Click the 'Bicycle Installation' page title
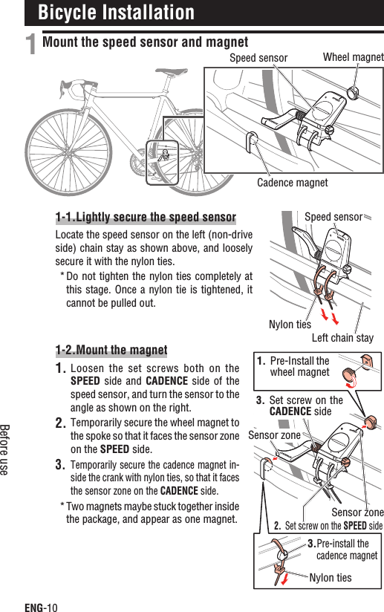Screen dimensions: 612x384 click(x=116, y=13)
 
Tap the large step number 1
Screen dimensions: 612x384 click(x=31, y=46)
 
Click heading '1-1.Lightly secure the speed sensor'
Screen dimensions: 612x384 click(x=146, y=218)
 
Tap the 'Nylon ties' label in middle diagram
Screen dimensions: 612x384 click(x=290, y=324)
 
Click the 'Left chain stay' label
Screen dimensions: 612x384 click(x=342, y=338)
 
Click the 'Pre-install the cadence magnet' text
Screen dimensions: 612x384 click(x=346, y=550)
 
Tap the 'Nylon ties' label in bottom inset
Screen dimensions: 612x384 click(x=331, y=577)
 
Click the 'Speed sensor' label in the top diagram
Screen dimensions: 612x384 click(x=258, y=57)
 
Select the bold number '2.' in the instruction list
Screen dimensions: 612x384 click(x=62, y=423)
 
